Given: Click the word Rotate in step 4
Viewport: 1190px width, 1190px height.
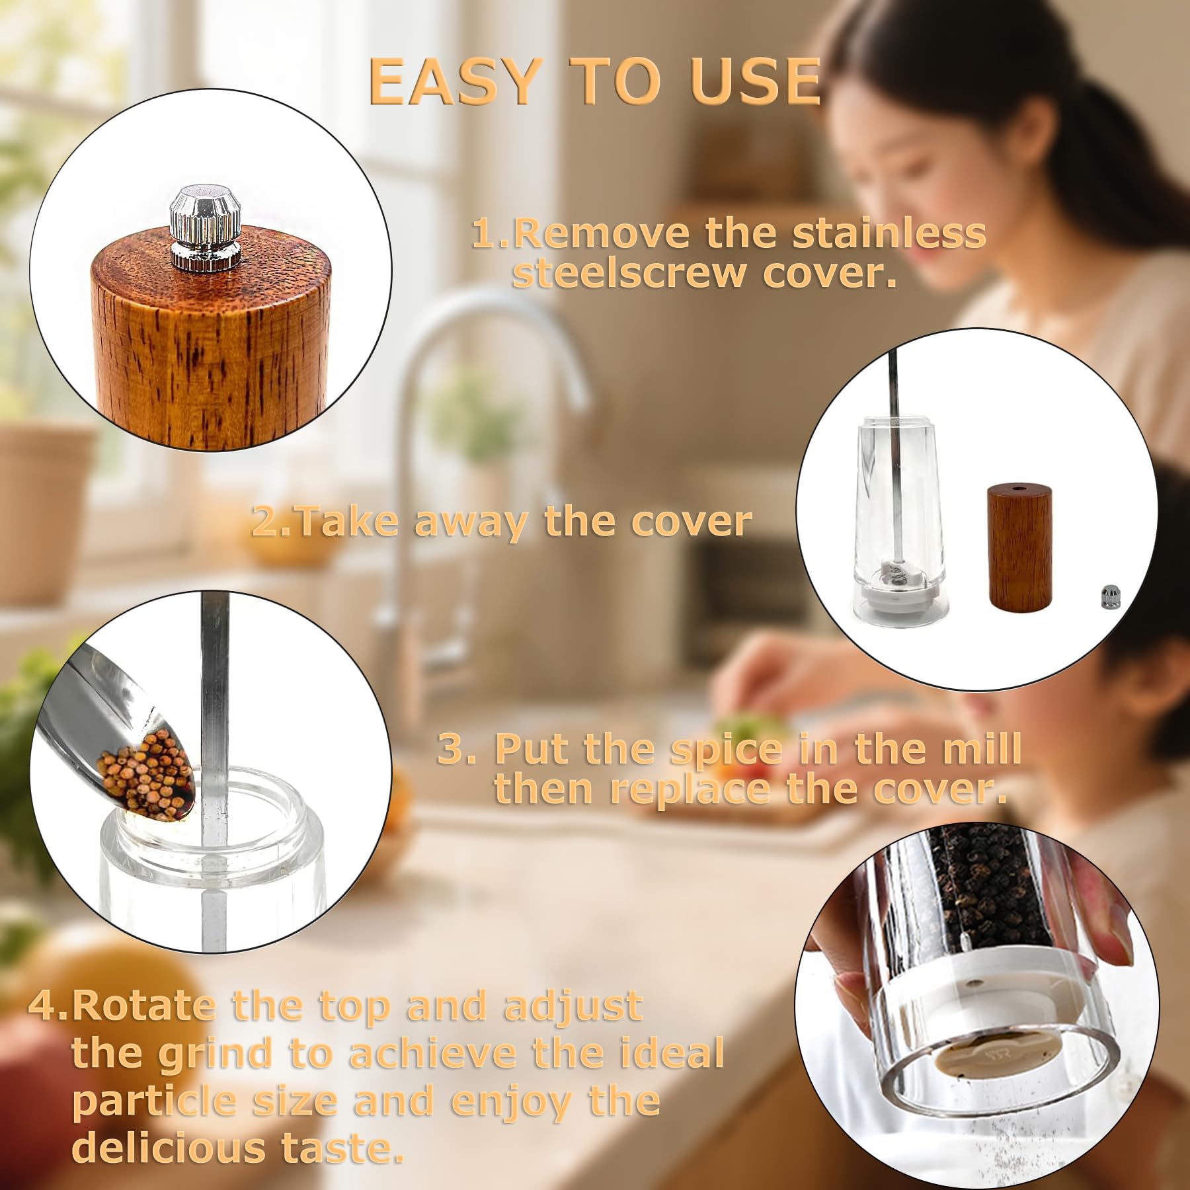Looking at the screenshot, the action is coord(143,1006).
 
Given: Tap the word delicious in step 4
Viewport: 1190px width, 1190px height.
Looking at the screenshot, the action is coord(168,1148).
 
